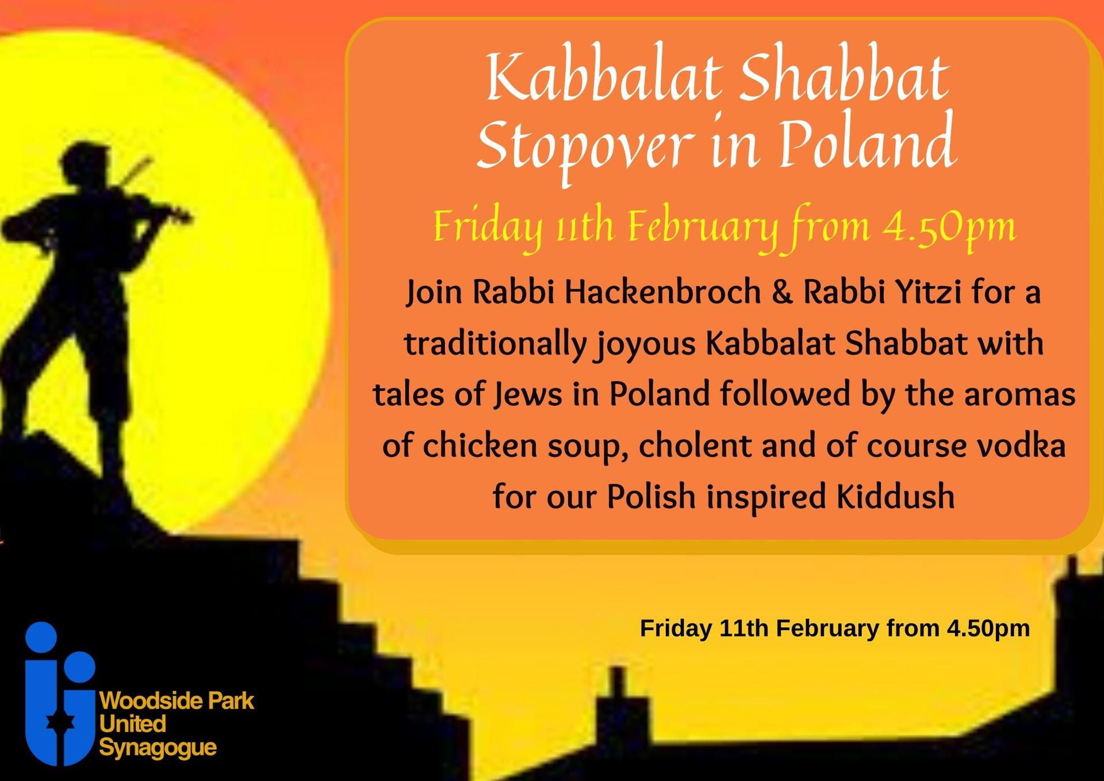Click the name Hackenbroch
point(662,291)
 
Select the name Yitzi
point(929,291)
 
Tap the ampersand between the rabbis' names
point(781,292)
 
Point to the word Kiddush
point(895,496)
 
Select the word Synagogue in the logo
point(158,748)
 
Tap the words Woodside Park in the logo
point(177,701)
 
